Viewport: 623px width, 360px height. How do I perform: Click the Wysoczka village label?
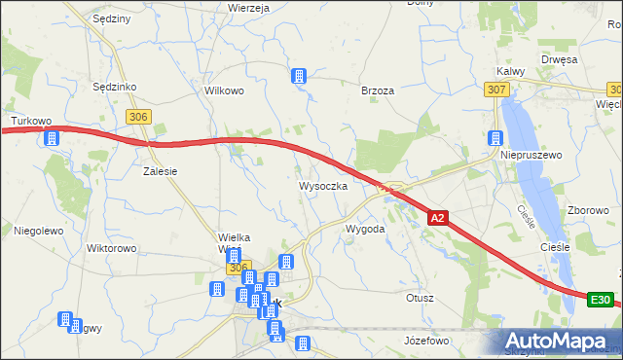click(322, 185)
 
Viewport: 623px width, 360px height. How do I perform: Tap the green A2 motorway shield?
click(438, 219)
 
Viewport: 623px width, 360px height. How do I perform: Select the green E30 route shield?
click(602, 301)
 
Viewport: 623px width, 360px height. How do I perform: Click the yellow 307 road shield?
click(495, 90)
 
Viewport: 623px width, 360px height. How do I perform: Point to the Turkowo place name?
click(30, 122)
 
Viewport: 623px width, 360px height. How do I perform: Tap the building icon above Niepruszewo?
click(495, 138)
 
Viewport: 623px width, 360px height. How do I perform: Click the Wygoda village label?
click(365, 229)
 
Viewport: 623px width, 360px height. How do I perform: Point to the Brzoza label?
click(377, 90)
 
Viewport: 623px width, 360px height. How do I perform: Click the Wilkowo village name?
click(223, 90)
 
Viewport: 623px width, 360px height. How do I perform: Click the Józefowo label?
click(425, 341)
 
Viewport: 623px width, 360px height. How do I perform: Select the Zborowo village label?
click(588, 210)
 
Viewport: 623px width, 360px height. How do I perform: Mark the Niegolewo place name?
click(38, 231)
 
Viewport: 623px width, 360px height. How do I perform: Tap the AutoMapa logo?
click(559, 341)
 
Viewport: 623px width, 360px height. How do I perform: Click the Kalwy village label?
click(510, 71)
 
